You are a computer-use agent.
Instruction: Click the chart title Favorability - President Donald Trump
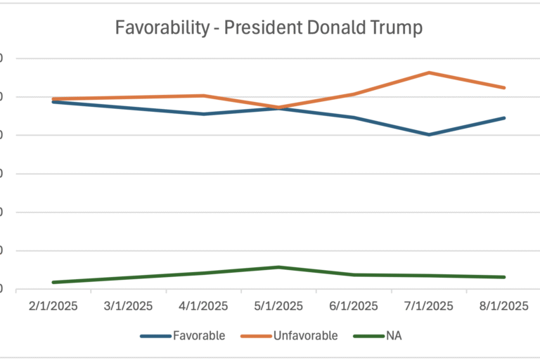click(x=269, y=28)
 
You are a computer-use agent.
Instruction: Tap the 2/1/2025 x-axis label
click(x=53, y=306)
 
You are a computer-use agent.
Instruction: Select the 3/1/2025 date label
click(x=129, y=306)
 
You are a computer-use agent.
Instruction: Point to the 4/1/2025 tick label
click(x=204, y=306)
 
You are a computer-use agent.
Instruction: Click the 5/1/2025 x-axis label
click(x=279, y=306)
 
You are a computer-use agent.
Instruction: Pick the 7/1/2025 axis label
click(x=429, y=306)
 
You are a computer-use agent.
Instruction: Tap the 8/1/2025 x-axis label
click(x=504, y=306)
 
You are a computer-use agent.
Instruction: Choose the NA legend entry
click(x=394, y=335)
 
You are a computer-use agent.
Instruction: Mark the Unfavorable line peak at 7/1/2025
click(x=429, y=72)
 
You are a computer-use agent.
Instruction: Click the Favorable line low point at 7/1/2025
click(x=429, y=134)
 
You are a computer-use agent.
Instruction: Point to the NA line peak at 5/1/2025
click(x=279, y=267)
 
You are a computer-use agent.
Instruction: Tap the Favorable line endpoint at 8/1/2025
click(x=504, y=118)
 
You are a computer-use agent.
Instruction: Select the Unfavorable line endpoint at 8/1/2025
click(x=504, y=88)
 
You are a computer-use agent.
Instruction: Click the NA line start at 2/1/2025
click(x=53, y=282)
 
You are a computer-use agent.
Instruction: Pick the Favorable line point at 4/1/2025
click(x=204, y=114)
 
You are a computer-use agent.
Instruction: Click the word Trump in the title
click(x=397, y=28)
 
